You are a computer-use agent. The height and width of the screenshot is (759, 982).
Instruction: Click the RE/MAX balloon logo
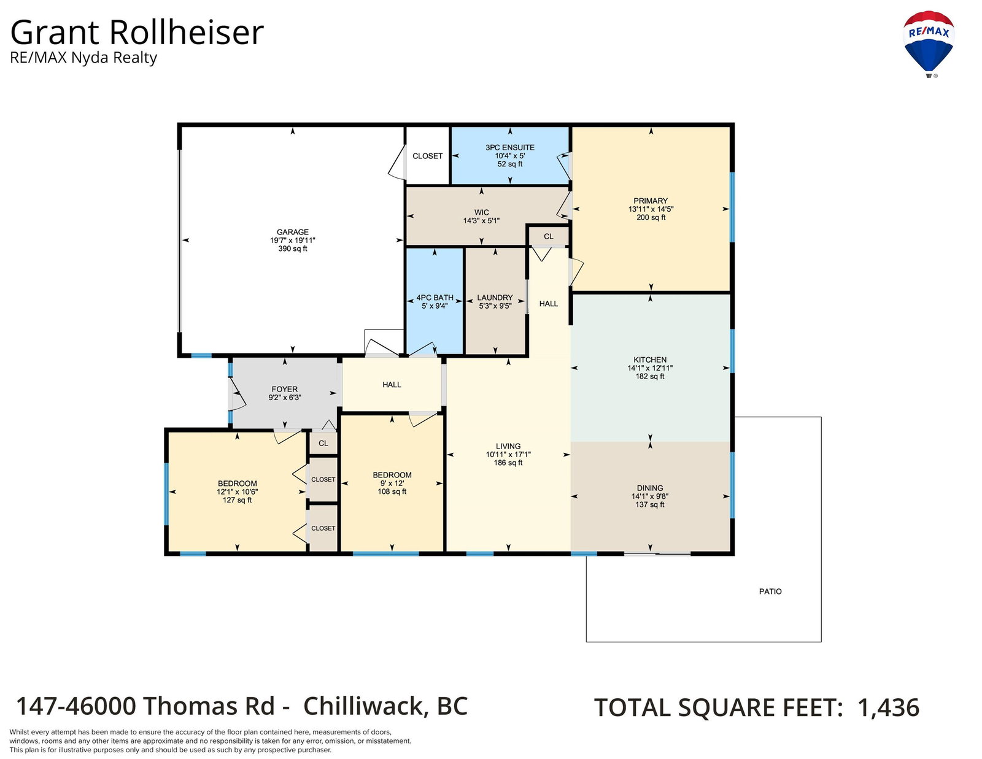tap(928, 44)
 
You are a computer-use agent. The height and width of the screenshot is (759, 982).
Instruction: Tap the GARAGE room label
tap(292, 232)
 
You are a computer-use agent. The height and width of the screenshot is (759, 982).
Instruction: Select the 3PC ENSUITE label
tap(510, 148)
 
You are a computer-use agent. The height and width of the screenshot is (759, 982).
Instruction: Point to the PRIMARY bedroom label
tap(651, 201)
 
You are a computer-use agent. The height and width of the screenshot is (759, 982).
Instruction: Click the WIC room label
tap(481, 212)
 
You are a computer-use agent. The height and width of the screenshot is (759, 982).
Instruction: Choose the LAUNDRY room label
tap(495, 298)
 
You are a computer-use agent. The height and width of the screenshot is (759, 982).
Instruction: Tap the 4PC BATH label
tap(435, 298)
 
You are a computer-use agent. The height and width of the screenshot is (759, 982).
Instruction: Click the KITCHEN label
tap(650, 360)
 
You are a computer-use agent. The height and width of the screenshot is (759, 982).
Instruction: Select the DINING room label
tap(650, 488)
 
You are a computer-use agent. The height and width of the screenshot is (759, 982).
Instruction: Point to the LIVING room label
tap(508, 446)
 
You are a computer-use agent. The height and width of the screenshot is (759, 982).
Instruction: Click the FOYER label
tap(285, 389)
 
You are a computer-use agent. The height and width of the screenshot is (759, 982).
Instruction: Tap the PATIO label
tap(770, 591)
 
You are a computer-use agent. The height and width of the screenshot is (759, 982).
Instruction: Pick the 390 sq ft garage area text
tap(292, 249)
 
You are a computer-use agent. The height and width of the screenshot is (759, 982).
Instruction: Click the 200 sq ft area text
tap(651, 217)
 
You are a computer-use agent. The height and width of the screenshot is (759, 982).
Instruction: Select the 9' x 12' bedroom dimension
tap(392, 484)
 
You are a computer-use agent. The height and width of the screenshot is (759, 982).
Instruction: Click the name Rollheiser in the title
tap(186, 33)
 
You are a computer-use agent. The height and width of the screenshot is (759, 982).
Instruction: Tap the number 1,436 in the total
tap(888, 707)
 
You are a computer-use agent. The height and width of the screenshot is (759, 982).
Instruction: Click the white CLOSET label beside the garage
tap(427, 156)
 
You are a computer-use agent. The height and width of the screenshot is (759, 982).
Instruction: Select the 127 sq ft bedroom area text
tap(238, 500)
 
